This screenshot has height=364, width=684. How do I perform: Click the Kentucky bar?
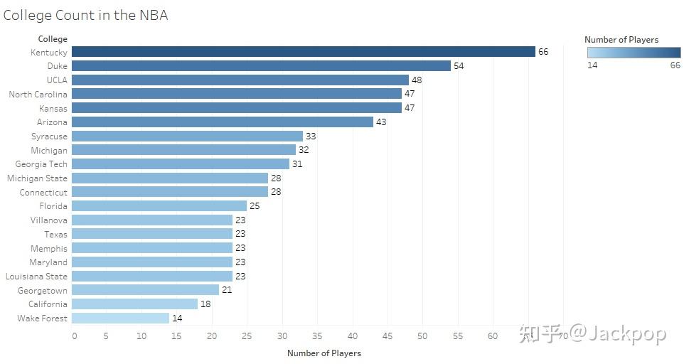coord(303,52)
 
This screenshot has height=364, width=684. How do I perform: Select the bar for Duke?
coord(261,66)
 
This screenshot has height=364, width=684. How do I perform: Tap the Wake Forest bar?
coord(120,318)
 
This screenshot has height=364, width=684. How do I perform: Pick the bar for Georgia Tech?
coord(181,164)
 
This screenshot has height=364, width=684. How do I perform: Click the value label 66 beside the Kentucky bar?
coord(543,52)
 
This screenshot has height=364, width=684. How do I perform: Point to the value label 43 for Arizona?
coord(381,122)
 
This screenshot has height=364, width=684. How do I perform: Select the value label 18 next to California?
coord(205,304)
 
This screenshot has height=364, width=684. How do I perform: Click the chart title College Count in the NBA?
coord(85,15)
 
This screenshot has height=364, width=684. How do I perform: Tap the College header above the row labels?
coord(53,39)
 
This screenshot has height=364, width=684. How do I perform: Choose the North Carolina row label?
coord(38,95)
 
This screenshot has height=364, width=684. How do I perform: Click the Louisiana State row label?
coord(36,277)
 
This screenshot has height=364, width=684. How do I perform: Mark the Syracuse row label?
coord(49,136)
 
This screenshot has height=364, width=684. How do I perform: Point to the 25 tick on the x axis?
coord(247,336)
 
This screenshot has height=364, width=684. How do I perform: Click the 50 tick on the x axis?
coord(422,336)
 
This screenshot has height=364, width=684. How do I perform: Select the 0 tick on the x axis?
coord(74,336)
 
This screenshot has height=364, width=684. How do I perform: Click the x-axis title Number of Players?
coord(324,353)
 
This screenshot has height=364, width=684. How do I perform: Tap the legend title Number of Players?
coord(621,40)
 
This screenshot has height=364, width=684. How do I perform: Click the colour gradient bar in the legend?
coord(634,53)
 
